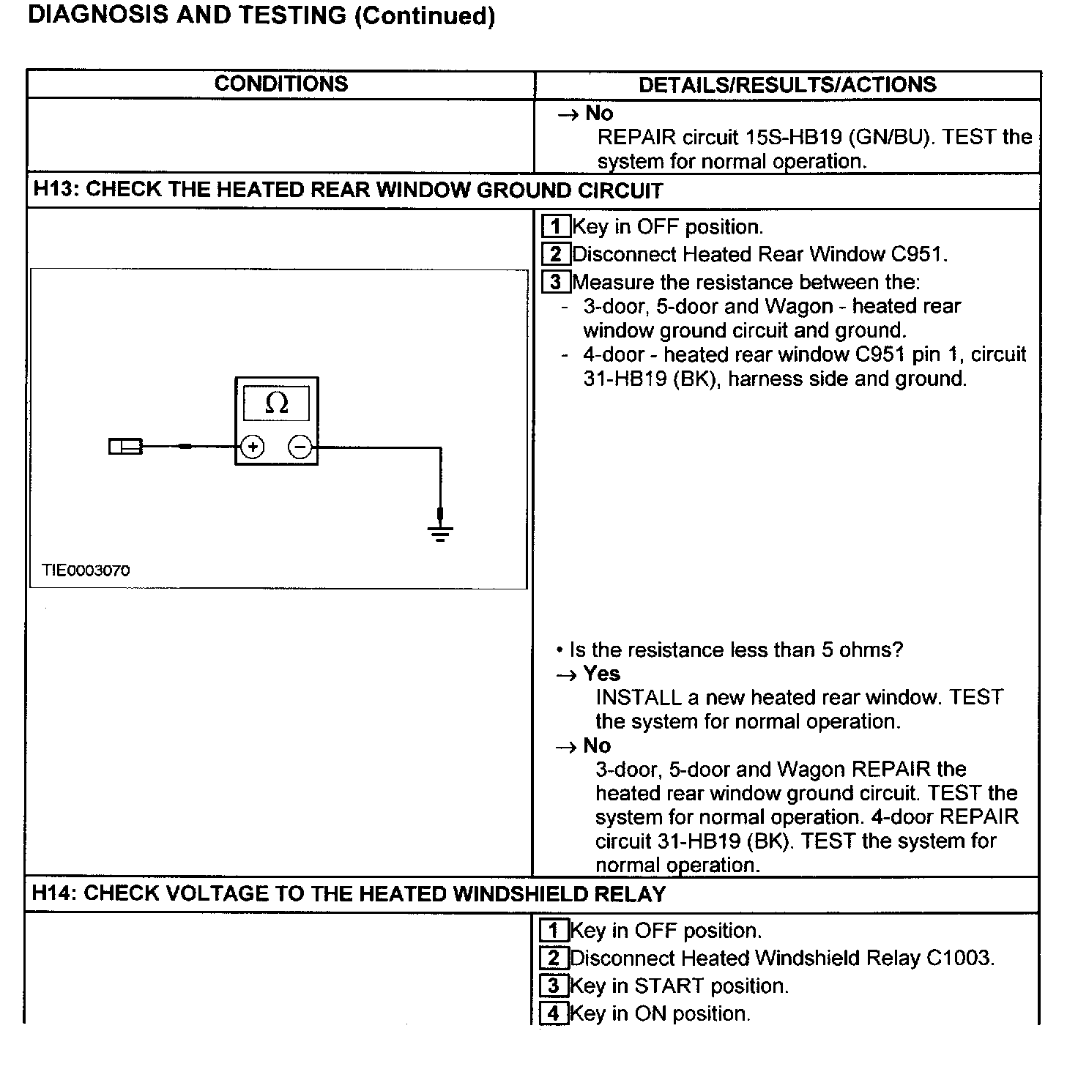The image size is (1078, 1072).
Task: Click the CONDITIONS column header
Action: point(281,83)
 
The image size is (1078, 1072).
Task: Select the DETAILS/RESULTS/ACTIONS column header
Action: point(787,84)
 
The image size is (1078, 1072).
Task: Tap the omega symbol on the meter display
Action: point(276,403)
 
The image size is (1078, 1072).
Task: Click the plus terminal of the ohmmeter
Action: point(253,446)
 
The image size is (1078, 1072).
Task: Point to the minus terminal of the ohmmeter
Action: point(300,446)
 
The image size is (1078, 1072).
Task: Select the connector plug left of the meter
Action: point(125,446)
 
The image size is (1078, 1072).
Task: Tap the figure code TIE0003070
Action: point(86,570)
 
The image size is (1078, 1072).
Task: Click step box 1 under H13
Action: point(556,226)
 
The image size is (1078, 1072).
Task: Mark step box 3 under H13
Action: point(556,282)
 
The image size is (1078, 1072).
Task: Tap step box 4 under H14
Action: point(554,1013)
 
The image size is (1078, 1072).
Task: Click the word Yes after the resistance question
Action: point(602,674)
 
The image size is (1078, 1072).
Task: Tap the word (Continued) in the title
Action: point(425,15)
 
